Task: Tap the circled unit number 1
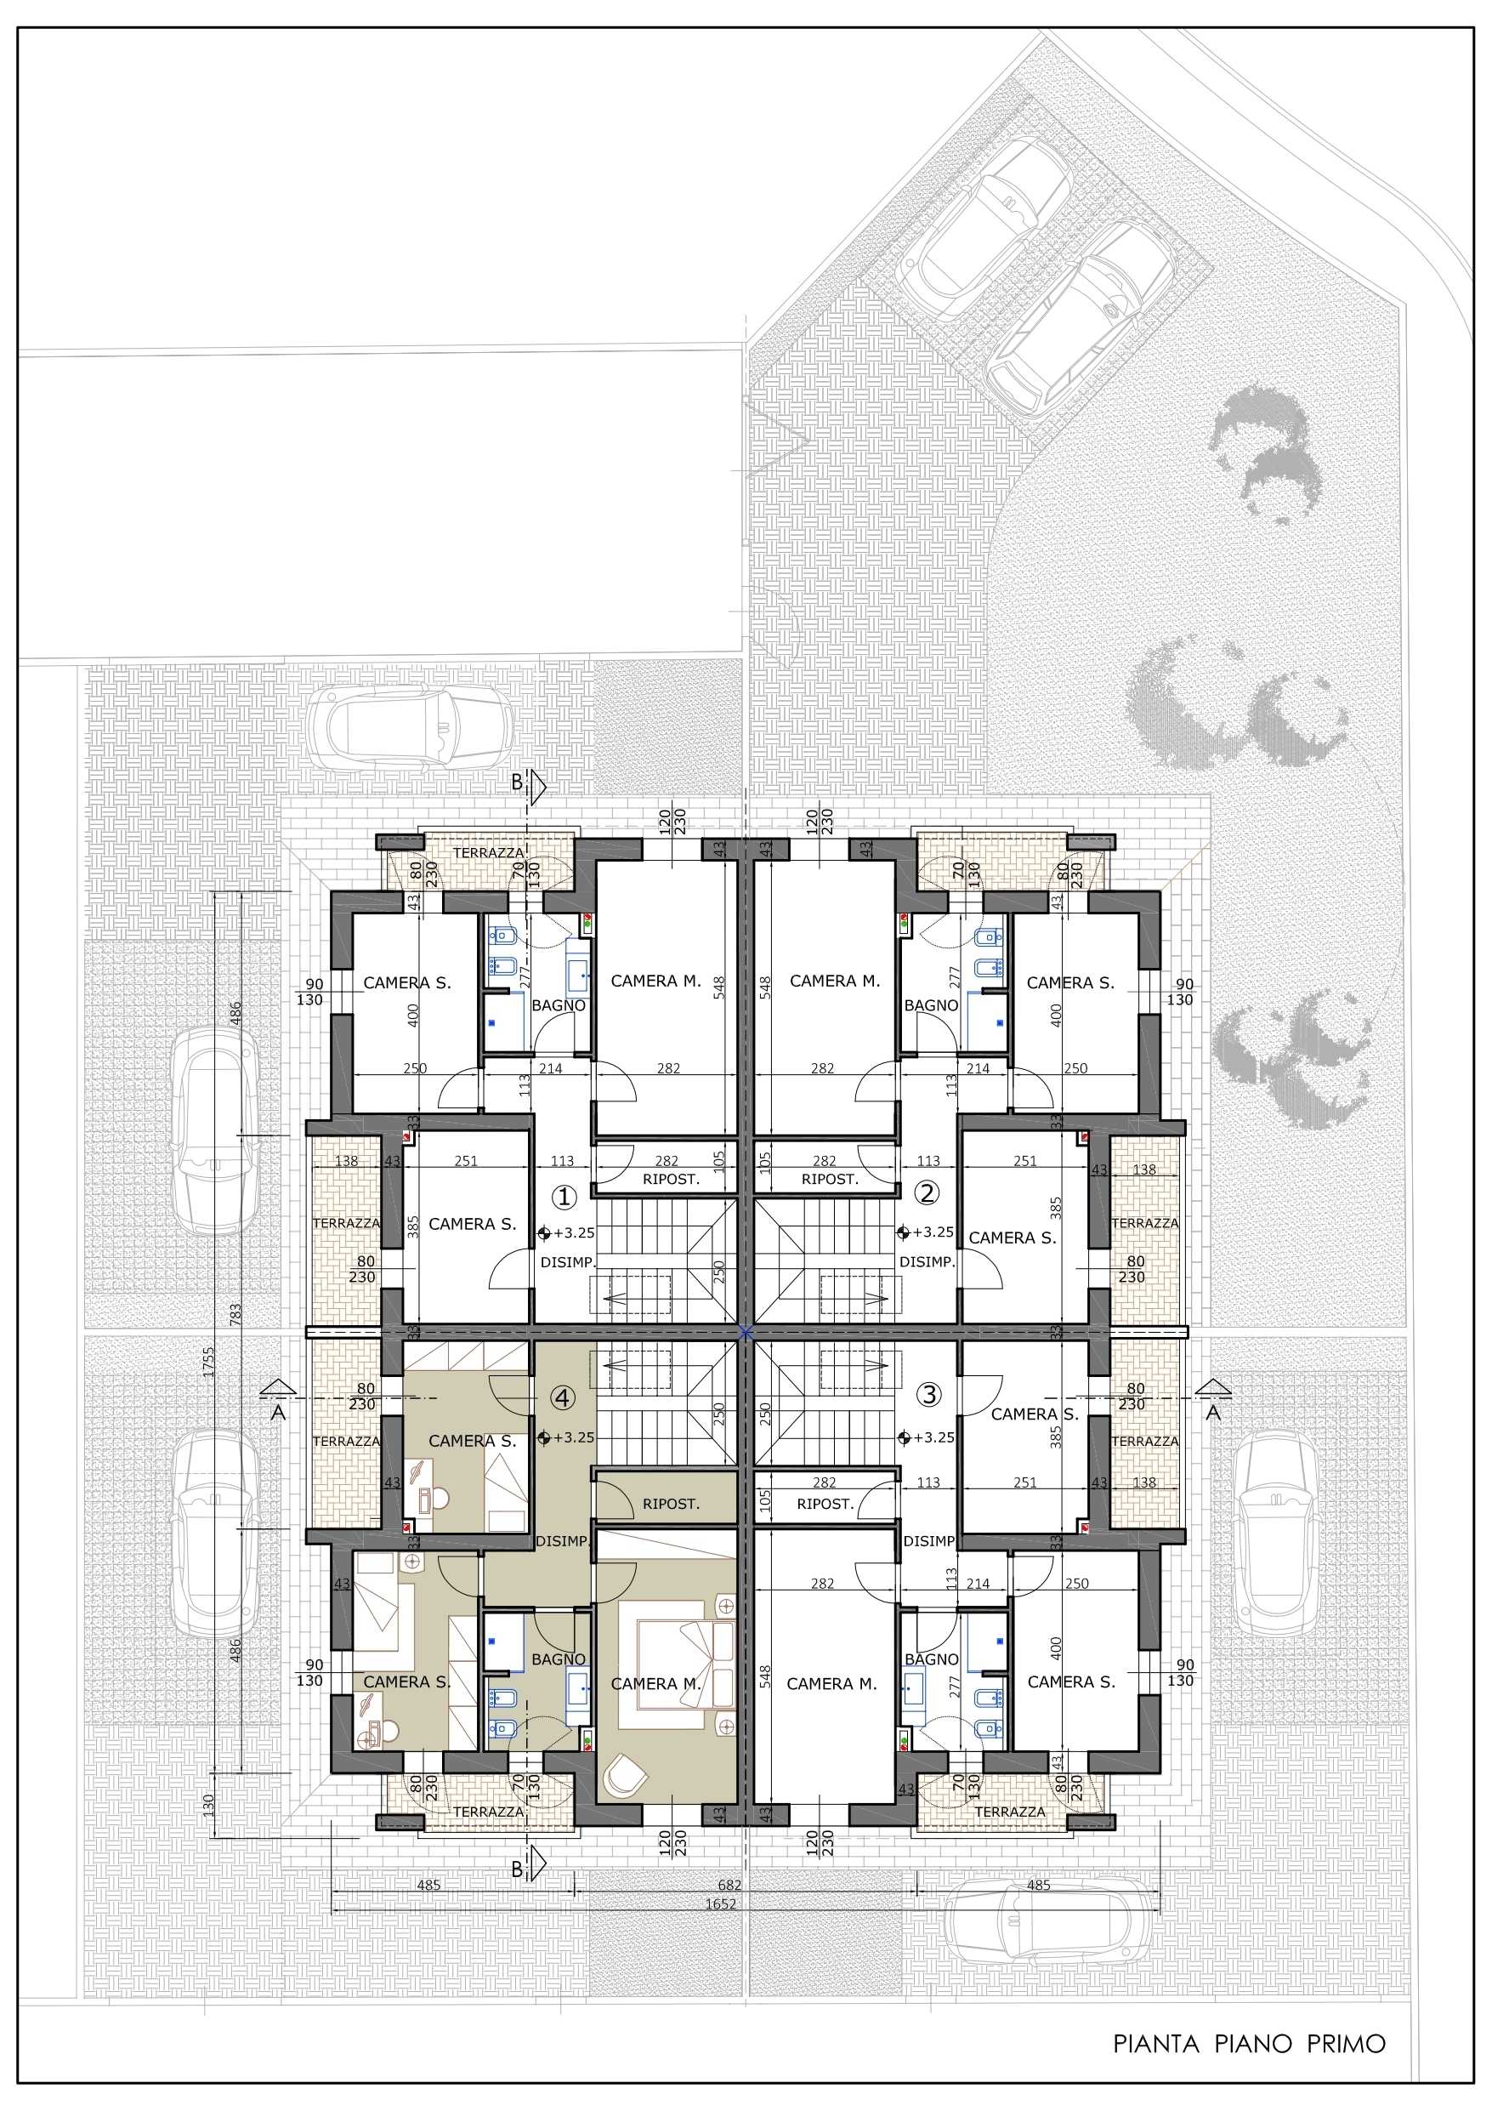(564, 1196)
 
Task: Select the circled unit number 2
(927, 1192)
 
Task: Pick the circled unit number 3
(929, 1394)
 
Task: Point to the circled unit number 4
(563, 1397)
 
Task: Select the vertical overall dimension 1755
(208, 1362)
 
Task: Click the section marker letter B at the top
(517, 782)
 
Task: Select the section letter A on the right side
(1213, 1414)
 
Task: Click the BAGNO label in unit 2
(931, 1005)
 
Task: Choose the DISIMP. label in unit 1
(567, 1262)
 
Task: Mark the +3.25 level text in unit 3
(934, 1437)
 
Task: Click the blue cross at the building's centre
(746, 1330)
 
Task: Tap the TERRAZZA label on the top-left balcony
(488, 852)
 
